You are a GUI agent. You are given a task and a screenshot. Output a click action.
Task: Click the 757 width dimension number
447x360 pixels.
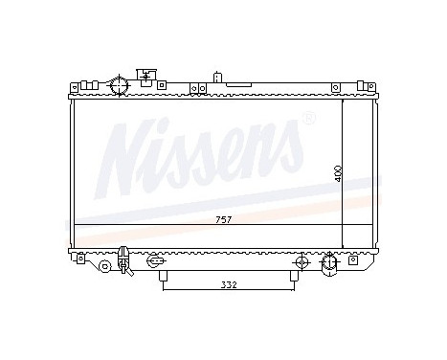(x=224, y=219)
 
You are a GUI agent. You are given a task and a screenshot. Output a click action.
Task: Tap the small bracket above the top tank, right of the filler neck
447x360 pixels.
(x=146, y=75)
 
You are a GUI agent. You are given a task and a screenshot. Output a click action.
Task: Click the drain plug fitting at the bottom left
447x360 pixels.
(x=123, y=258)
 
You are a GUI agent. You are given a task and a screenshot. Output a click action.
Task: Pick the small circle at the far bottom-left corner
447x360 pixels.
(x=83, y=259)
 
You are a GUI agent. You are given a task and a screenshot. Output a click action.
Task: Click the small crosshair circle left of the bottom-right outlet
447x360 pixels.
(x=302, y=260)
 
